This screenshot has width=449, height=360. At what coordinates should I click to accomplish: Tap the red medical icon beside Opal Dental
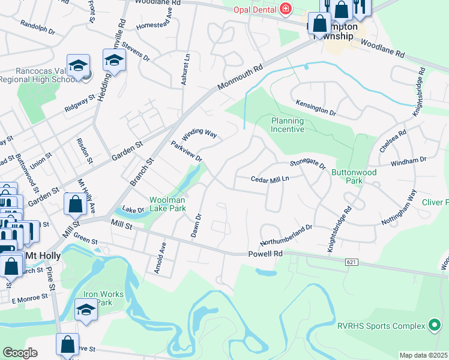tap(285, 9)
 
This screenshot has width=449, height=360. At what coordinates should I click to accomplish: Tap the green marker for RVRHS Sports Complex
tap(433, 326)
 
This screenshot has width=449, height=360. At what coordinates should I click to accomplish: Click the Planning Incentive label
tap(288, 125)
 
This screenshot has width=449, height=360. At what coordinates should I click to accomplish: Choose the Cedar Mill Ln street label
tap(270, 179)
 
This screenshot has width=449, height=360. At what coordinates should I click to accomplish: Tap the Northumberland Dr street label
tap(286, 235)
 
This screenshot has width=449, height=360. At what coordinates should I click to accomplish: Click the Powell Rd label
tap(265, 254)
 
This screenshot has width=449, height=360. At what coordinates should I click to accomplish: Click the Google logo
tap(20, 353)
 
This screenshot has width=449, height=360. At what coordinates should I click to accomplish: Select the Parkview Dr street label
tap(186, 151)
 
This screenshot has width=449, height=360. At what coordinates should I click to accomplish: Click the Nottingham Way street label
tap(399, 208)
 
